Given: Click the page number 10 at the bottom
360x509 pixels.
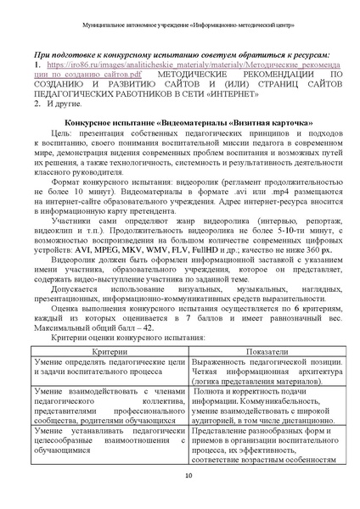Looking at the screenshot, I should (180, 486).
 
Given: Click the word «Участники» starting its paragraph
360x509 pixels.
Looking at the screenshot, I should (74, 219).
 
